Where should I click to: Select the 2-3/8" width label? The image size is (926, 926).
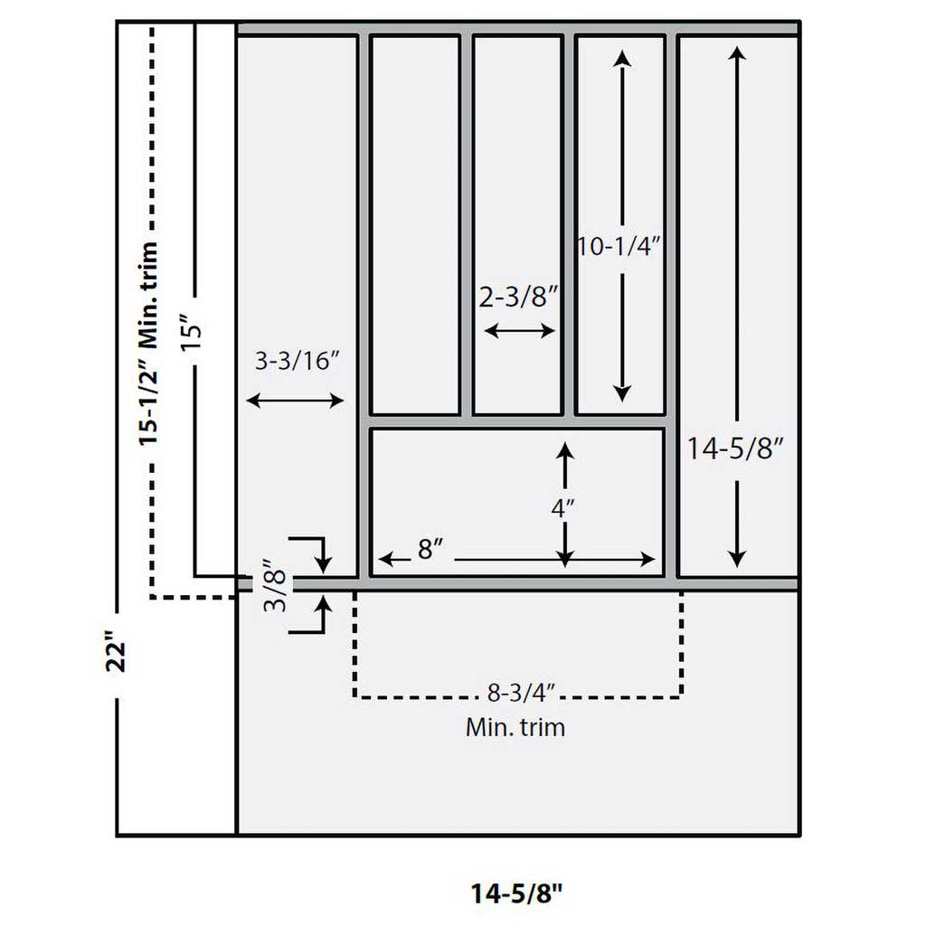click(518, 298)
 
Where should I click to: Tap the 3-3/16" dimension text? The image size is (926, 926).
click(297, 362)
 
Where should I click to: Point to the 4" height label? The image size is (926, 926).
click(562, 508)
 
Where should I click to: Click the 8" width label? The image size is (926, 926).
click(429, 550)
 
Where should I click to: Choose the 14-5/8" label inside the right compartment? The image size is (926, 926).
click(735, 448)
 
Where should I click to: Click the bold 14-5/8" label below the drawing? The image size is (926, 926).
click(516, 893)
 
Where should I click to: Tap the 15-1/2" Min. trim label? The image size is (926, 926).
click(150, 344)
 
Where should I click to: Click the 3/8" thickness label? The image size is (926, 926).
click(278, 589)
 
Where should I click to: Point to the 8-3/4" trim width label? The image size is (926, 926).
click(520, 694)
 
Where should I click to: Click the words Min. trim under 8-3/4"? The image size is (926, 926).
click(515, 726)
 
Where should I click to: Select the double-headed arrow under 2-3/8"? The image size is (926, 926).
click(520, 331)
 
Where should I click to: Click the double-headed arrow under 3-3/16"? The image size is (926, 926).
click(296, 401)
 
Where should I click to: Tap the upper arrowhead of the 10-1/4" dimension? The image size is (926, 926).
click(621, 58)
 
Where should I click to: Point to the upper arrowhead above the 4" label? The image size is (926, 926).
click(565, 450)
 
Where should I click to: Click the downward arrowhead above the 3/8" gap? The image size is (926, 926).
click(323, 564)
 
